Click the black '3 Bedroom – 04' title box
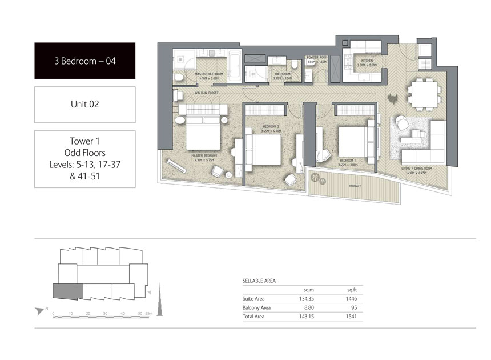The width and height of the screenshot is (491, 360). click(x=84, y=60)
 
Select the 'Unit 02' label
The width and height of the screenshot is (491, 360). click(x=84, y=104)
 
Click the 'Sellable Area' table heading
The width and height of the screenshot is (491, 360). click(x=259, y=281)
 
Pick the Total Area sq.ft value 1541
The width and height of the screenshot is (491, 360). click(x=351, y=316)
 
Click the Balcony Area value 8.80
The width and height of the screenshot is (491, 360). click(x=308, y=307)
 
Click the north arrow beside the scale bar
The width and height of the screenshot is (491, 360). click(x=40, y=311)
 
